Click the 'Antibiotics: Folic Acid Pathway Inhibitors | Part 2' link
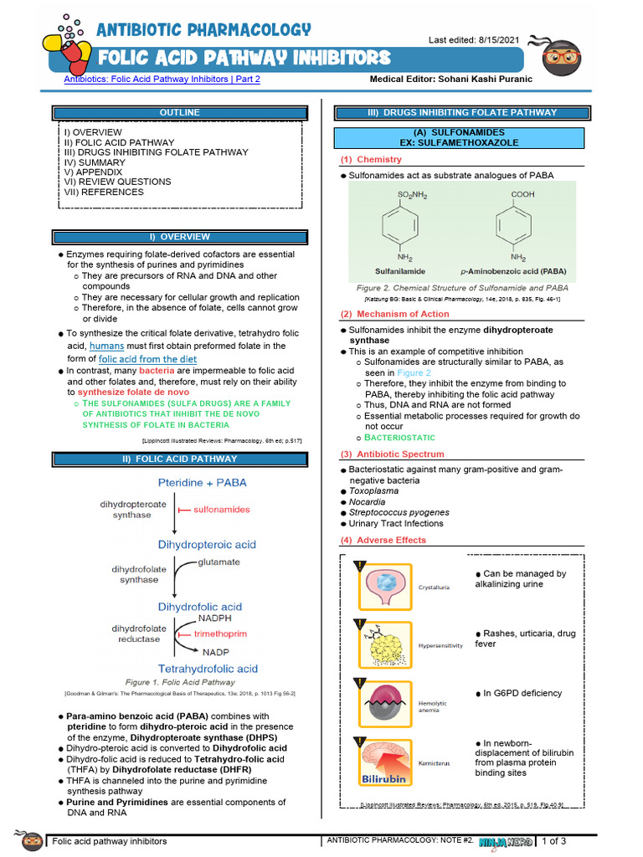click(x=162, y=80)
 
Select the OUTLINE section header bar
click(x=180, y=112)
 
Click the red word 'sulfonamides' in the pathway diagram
click(x=221, y=509)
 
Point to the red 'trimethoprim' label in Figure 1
click(x=220, y=634)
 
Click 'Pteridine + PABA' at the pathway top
click(x=203, y=483)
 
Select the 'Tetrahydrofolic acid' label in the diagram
click(x=208, y=669)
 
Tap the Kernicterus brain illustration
click(x=385, y=762)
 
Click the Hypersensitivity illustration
click(x=385, y=645)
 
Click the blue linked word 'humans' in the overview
click(x=106, y=346)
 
